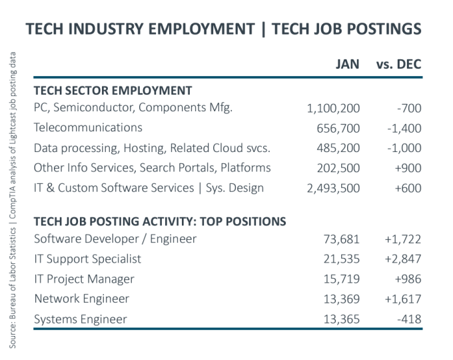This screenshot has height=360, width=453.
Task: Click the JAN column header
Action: [346, 65]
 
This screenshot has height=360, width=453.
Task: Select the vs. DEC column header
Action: [399, 65]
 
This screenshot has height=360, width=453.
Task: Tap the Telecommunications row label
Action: [88, 127]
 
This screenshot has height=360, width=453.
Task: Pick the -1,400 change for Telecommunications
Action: [404, 128]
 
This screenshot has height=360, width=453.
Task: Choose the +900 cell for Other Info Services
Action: [408, 168]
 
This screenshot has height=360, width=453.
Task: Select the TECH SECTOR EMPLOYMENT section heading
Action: [113, 91]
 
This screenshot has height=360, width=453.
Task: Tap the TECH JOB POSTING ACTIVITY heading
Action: [160, 221]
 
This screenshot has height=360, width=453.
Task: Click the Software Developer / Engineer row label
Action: [115, 239]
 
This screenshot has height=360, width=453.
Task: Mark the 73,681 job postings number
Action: [342, 239]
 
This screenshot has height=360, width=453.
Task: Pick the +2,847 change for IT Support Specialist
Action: [401, 259]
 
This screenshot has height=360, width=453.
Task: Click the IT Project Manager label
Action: [84, 279]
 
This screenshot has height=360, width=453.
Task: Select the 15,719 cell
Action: [342, 279]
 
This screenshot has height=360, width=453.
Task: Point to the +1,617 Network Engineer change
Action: [401, 299]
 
